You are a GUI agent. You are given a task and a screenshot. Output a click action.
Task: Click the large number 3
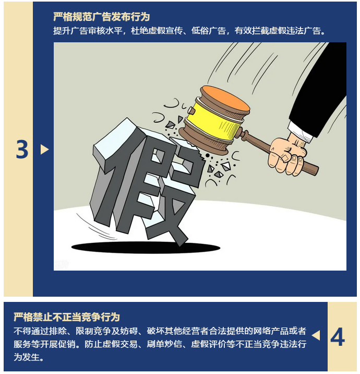pos(22,149)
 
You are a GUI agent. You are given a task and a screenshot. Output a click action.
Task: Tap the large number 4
pos(338,336)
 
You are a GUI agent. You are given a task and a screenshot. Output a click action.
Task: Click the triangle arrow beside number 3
pos(44,149)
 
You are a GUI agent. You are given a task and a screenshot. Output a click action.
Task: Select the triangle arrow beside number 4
pos(316,335)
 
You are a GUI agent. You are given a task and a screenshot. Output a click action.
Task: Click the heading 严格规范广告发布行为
pos(102,17)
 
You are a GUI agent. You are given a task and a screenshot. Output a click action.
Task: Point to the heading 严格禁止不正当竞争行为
pos(67,317)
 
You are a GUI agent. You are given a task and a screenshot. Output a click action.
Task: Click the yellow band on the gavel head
pos(214,121)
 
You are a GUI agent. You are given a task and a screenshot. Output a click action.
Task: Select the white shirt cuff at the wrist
pos(300,132)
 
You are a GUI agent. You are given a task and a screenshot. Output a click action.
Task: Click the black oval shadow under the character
pos(146,248)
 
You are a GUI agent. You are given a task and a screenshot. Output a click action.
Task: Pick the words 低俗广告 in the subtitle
pos(209,31)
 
